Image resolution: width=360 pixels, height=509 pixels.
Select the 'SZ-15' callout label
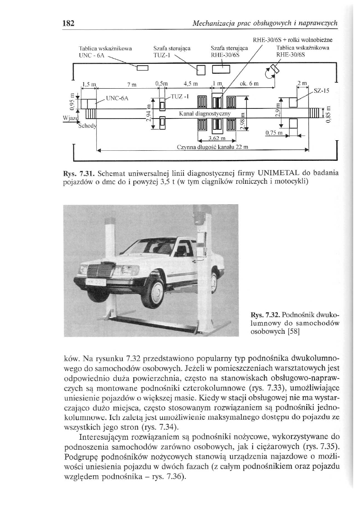[320, 91]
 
